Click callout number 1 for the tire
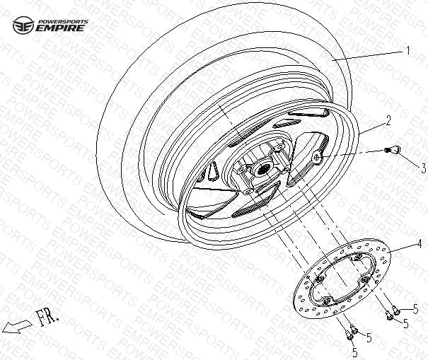pos(407,51)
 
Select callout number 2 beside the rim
pos(388,120)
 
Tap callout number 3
pos(423,168)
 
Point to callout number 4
pos(419,243)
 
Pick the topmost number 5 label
pos(415,309)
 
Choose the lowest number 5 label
pos(354,352)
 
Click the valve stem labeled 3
pos(393,150)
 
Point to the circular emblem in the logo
pos(23,25)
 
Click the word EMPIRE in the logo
pos(60,28)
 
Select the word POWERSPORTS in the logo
pos(62,21)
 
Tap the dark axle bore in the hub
pos(263,170)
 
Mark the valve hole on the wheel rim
pos(317,157)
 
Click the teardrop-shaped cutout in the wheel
pos(213,171)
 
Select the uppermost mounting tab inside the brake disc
pos(357,257)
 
